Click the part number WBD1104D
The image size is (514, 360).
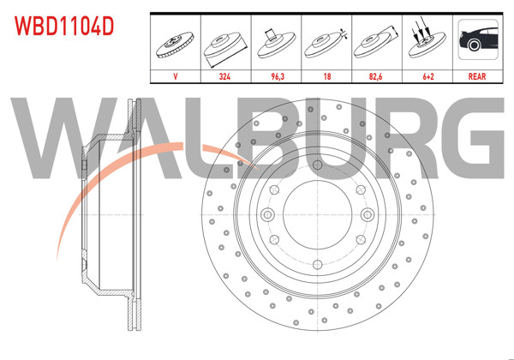(63, 26)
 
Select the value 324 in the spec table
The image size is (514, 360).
(224, 75)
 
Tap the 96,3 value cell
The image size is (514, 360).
(275, 75)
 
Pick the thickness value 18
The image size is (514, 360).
(326, 75)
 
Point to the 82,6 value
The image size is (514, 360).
(376, 75)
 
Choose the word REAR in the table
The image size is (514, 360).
(477, 75)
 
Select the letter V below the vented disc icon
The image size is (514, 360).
(176, 75)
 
